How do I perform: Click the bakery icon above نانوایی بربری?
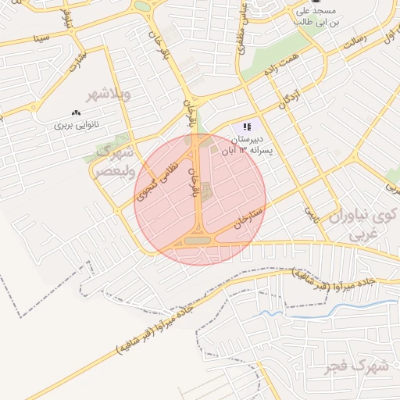76,113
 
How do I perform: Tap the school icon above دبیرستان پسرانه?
248,127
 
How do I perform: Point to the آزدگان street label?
288,98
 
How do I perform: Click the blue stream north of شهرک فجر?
312,309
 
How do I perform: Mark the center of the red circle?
200,199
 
